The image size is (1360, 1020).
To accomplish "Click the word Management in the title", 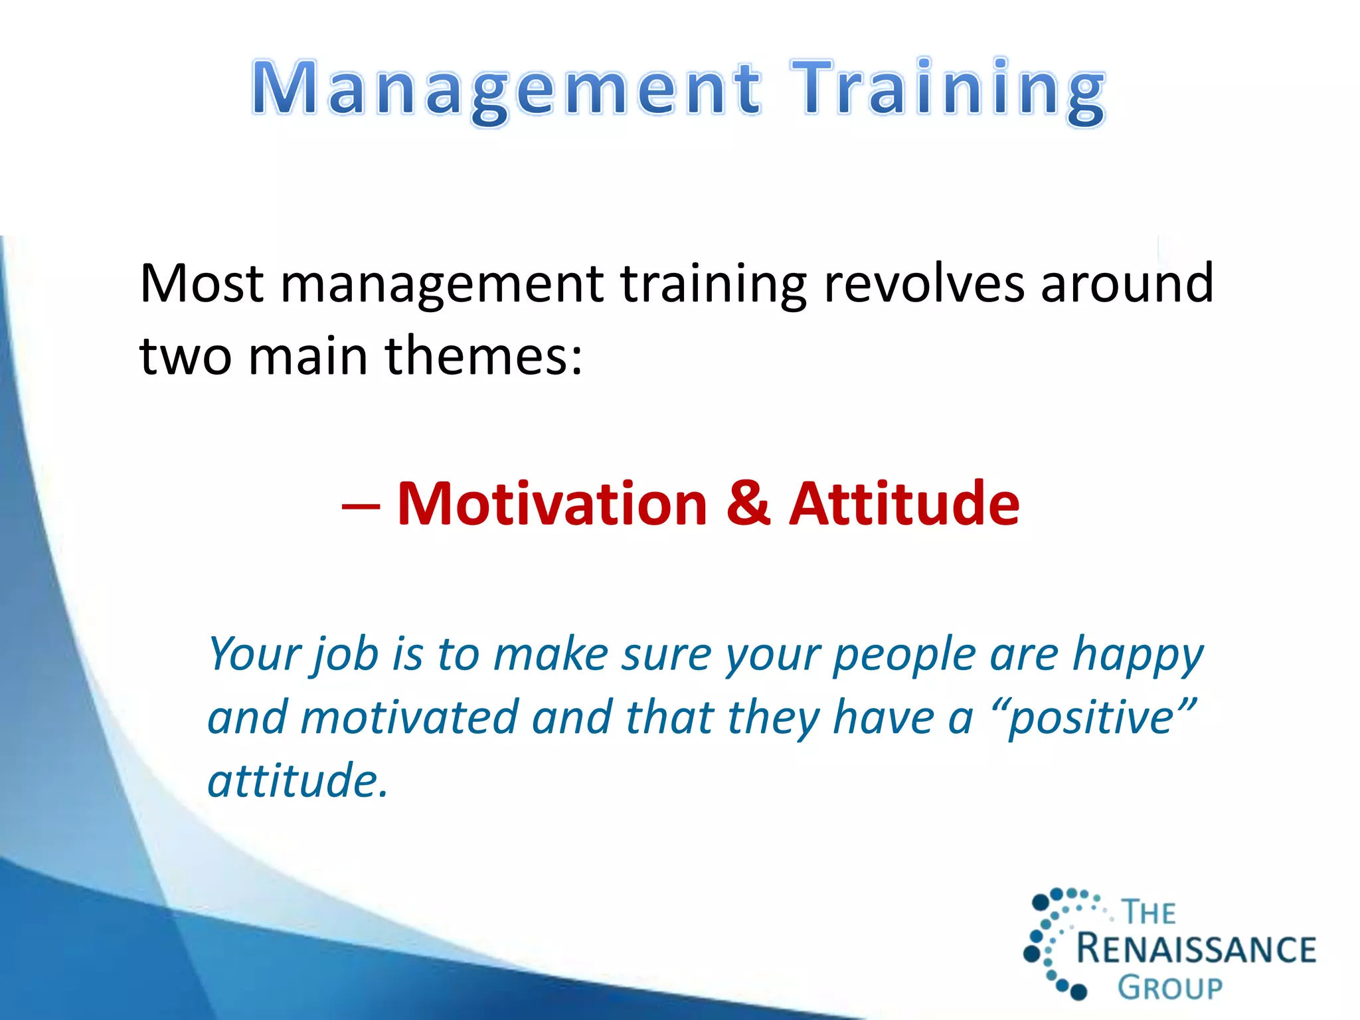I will point(506,90).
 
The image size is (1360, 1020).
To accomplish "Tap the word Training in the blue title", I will point(948,90).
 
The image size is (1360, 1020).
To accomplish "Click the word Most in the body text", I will point(202,284).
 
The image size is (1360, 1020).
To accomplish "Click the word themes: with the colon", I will point(483,356).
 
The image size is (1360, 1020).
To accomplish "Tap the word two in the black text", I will point(186,356).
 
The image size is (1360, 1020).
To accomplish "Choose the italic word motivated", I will point(409,718).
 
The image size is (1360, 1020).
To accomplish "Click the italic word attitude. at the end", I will point(297,781).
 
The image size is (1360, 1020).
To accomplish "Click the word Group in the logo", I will point(1169,987).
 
